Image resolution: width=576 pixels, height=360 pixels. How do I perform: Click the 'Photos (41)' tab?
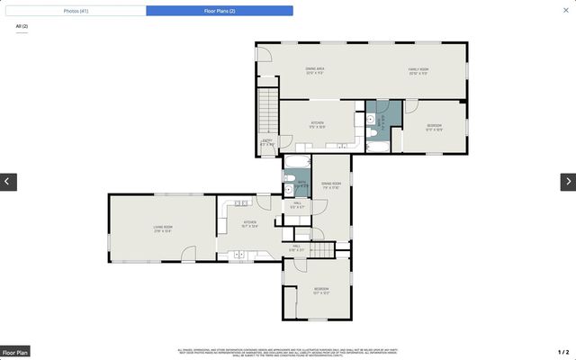coord(76,11)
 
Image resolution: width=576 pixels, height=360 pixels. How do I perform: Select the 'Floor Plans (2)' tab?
coord(219,11)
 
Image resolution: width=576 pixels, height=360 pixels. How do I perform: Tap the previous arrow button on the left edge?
coord(8,182)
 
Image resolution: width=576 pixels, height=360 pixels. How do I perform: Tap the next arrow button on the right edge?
coord(568,182)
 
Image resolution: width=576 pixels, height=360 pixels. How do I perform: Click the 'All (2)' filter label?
coord(22,27)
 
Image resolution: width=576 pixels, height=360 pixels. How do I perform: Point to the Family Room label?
coord(418,71)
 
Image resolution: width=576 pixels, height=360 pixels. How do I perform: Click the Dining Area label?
coord(314,70)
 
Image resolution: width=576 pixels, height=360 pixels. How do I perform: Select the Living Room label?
coord(163,229)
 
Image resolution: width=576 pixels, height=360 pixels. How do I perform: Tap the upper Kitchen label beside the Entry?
coord(317,124)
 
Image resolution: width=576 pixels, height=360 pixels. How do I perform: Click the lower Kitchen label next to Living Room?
coord(249,224)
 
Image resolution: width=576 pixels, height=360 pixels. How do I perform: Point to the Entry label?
coord(267,141)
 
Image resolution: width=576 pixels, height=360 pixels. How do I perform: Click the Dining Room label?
coord(330,185)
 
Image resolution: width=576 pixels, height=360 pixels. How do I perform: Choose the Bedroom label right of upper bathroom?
coord(434,127)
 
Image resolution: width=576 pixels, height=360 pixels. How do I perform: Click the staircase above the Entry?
coord(268,112)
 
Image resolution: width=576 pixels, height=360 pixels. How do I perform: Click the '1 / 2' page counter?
coord(563,352)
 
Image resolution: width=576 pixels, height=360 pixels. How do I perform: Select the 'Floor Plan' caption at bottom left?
coord(15,352)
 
